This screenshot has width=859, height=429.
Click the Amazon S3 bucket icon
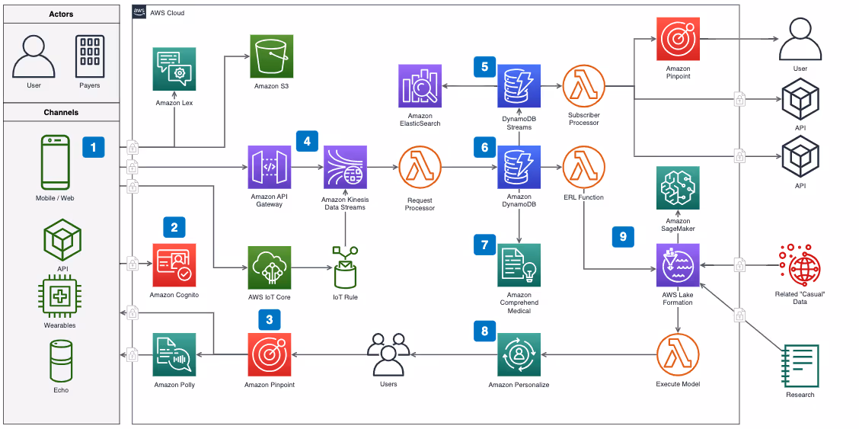(271, 56)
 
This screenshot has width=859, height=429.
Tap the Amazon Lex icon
(174, 69)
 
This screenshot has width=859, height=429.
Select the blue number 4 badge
(307, 141)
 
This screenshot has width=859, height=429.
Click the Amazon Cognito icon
(174, 266)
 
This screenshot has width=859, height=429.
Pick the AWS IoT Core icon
(270, 267)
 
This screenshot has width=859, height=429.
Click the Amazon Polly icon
(174, 356)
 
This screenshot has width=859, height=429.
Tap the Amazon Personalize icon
(519, 356)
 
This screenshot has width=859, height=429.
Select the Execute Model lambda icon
(678, 356)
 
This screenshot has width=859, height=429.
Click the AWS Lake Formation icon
(678, 265)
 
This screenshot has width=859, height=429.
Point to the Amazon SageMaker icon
(678, 188)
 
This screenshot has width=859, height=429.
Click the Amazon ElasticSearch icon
(420, 86)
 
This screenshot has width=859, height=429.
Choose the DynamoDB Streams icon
(519, 86)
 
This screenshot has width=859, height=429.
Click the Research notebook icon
(800, 366)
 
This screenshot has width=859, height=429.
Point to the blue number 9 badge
(623, 237)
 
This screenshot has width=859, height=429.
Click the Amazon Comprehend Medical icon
(519, 265)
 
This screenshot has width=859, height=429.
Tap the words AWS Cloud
(167, 13)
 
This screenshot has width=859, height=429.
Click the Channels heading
(61, 112)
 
